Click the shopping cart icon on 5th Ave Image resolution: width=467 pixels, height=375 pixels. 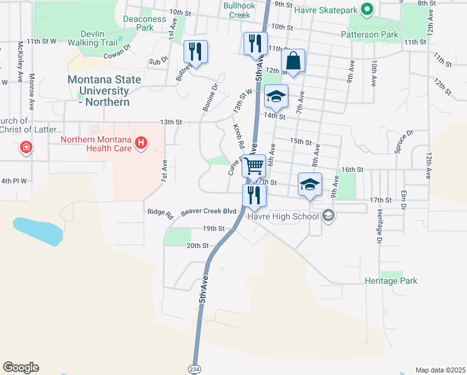[253, 166]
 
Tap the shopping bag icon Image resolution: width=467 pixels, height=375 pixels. [293, 61]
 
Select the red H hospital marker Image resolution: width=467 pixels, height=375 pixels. [142, 144]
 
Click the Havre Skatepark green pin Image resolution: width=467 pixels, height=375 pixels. [368, 10]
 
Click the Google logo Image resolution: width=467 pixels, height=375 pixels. [21, 367]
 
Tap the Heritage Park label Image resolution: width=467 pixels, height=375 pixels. [391, 281]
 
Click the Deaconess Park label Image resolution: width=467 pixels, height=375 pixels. [144, 23]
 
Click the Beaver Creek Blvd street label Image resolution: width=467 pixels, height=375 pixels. [209, 211]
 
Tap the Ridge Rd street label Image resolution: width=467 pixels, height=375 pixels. [160, 213]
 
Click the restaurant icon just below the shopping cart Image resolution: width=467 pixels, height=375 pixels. [253, 195]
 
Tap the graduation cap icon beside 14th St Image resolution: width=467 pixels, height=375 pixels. [276, 97]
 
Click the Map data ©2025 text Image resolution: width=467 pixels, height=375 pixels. [440, 369]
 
